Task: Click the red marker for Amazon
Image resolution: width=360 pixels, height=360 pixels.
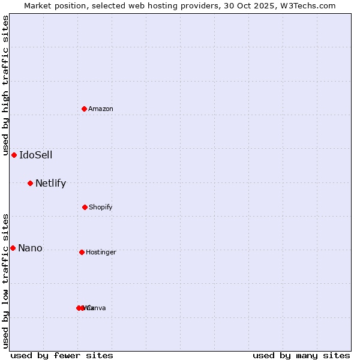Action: (x=85, y=109)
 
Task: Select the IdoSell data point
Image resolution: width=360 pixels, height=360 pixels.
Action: (x=14, y=155)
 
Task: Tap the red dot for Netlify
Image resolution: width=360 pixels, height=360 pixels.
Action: (x=30, y=183)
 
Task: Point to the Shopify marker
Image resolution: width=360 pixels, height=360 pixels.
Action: (x=85, y=207)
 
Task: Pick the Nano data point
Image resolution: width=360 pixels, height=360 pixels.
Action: (x=13, y=248)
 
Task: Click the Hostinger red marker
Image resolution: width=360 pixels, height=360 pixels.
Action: (x=82, y=252)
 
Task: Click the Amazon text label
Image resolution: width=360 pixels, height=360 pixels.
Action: (x=101, y=109)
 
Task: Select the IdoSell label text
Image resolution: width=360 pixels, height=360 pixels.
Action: (x=35, y=155)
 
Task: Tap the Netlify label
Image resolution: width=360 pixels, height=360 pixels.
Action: (x=50, y=183)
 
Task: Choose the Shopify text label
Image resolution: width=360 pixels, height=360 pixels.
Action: (x=100, y=207)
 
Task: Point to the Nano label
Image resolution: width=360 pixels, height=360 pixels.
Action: (x=30, y=248)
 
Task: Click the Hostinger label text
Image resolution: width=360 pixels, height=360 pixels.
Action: (x=101, y=252)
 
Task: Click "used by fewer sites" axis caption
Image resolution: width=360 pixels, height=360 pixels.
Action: (x=62, y=355)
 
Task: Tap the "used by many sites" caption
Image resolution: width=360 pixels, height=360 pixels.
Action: (x=301, y=355)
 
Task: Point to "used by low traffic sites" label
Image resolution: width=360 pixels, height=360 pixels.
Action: (x=5, y=281)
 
